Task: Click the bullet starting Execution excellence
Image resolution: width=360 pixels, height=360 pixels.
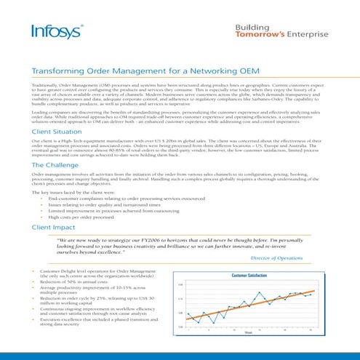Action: coord(102,321)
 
